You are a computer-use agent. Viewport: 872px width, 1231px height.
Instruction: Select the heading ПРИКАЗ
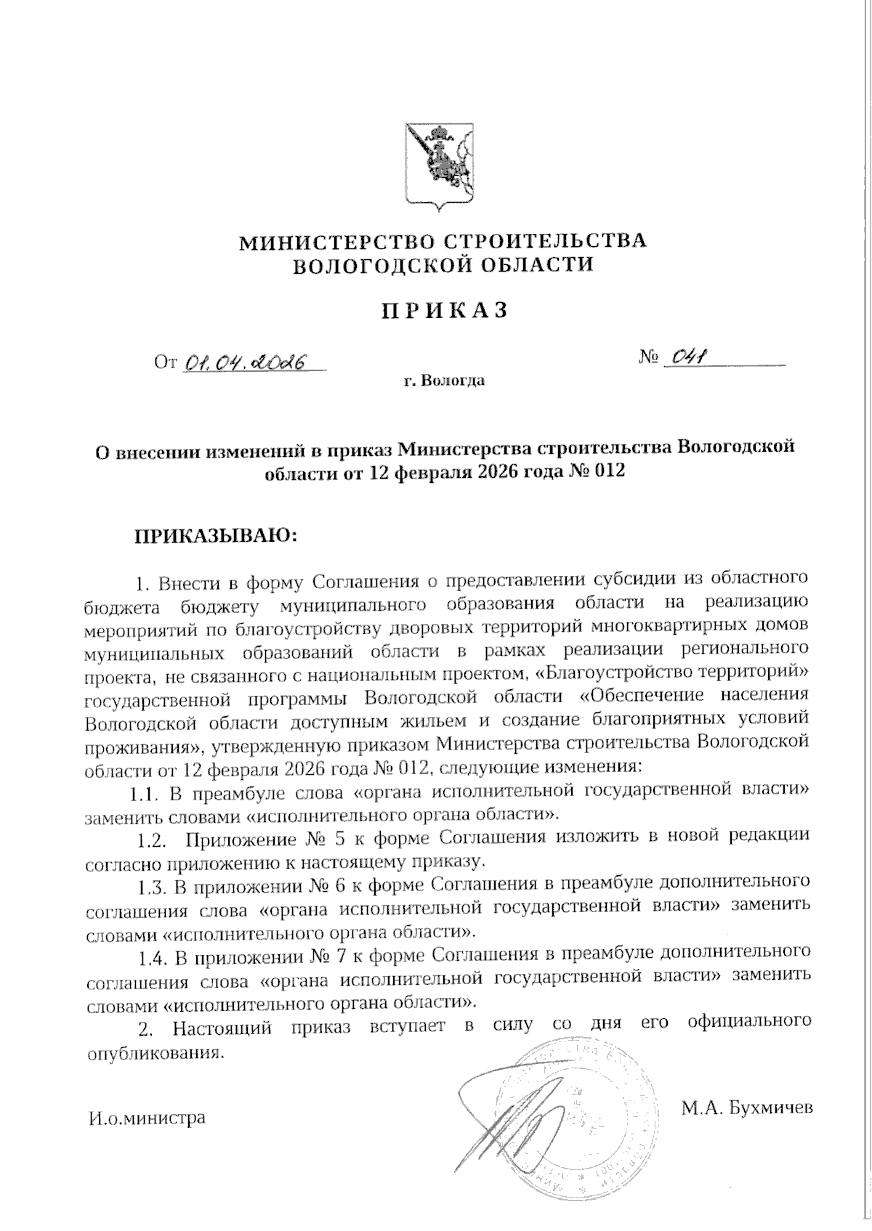click(443, 310)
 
